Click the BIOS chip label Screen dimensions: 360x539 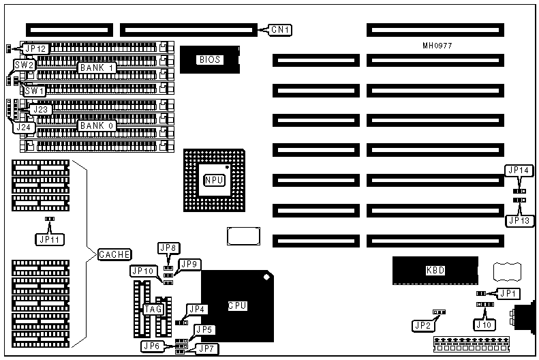coord(209,60)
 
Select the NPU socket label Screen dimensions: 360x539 coord(213,180)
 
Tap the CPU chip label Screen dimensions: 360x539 coord(237,305)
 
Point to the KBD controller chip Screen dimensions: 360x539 coord(435,271)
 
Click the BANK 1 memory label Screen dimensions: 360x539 coord(96,68)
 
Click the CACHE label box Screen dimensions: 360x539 coord(114,254)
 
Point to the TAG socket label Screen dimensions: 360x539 coord(152,309)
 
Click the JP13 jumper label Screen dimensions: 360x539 coord(521,220)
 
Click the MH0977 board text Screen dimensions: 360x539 coord(437,46)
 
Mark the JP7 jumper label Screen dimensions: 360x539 coord(206,349)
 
